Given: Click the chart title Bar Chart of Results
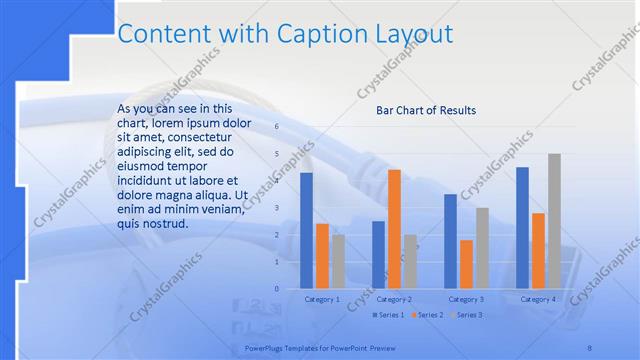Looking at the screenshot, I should [x=426, y=110].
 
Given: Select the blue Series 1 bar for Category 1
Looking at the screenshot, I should [x=306, y=231].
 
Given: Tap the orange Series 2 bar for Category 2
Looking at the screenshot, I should [x=394, y=229].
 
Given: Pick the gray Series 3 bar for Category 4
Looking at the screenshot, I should [x=554, y=221].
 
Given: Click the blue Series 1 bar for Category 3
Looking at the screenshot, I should [x=450, y=241].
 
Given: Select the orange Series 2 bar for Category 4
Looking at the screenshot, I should [x=538, y=251].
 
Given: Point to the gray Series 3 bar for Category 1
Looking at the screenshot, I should [x=338, y=261].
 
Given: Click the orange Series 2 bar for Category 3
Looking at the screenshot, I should [x=466, y=264].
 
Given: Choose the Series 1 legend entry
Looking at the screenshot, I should [x=389, y=315].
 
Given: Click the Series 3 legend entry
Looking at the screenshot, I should [x=467, y=315].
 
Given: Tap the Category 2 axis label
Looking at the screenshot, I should [x=394, y=299].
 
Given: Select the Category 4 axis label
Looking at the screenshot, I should [x=538, y=299].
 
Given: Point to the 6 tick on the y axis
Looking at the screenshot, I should [x=276, y=127].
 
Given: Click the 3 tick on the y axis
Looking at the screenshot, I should [x=276, y=208].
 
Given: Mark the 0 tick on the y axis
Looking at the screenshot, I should [x=276, y=289].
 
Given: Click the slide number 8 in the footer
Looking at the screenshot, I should [x=589, y=347].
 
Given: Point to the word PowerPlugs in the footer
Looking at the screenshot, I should [x=267, y=347].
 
